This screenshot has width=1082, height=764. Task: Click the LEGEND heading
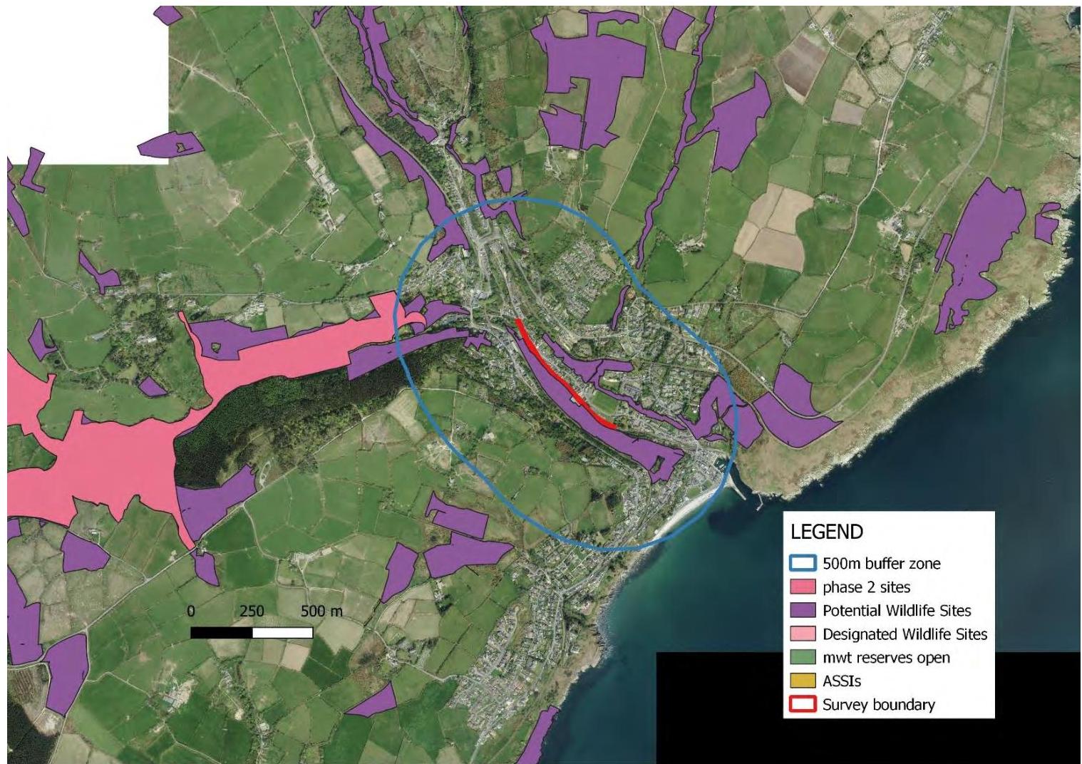(826, 532)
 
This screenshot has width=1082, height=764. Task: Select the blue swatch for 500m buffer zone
(803, 564)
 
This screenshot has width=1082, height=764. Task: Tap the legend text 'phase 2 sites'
(866, 587)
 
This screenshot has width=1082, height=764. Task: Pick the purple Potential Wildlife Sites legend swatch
(803, 611)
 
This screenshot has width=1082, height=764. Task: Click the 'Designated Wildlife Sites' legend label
(905, 634)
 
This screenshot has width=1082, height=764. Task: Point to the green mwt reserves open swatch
(803, 658)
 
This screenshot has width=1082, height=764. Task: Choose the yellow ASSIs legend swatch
(803, 681)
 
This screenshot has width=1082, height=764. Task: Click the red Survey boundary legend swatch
(803, 705)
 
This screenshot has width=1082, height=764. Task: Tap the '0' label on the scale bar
(190, 611)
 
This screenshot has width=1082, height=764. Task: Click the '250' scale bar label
(252, 611)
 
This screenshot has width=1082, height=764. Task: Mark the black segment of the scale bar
(222, 633)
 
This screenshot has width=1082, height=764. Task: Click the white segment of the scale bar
(282, 633)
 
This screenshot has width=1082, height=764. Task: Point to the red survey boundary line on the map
(563, 378)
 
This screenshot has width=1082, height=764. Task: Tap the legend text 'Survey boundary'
(878, 705)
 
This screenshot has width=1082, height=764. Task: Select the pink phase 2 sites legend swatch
(803, 587)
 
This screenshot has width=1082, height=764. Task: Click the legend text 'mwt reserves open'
(886, 658)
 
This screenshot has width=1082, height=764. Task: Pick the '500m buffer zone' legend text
(882, 564)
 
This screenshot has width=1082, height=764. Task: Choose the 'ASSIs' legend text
(842, 681)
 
